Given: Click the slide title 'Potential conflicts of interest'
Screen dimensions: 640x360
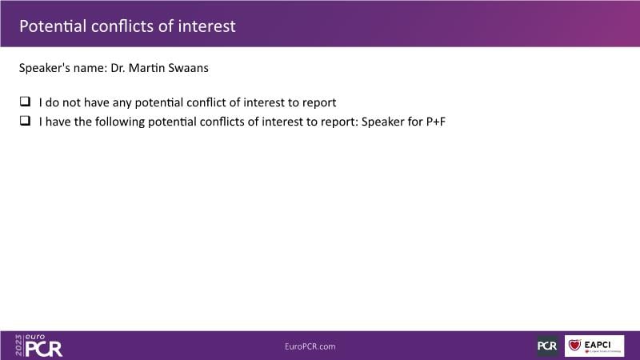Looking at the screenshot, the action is click(127, 26).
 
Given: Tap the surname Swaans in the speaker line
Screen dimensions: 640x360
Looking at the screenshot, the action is click(188, 68).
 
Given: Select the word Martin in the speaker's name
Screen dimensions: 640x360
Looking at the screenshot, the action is click(147, 68).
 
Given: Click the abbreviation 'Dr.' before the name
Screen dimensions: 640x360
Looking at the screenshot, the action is click(118, 68).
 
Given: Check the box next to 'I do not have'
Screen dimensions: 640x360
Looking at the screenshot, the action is click(26, 102).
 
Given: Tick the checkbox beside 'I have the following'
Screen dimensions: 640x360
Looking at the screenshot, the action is click(26, 121).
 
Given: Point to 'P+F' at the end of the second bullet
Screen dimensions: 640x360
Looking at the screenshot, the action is click(436, 122).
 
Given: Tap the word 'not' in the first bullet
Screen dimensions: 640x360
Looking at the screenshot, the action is click(71, 102).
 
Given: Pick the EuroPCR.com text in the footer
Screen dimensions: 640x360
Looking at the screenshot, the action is click(310, 346).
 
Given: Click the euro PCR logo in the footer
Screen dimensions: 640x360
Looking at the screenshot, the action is click(39, 346).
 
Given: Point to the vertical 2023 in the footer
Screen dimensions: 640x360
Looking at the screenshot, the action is click(18, 346).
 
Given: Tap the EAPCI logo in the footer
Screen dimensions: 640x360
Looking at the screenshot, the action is click(594, 346).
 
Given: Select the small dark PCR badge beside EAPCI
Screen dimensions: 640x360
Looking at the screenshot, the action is click(547, 346).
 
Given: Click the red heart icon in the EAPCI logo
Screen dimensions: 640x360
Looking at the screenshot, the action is click(574, 346).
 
